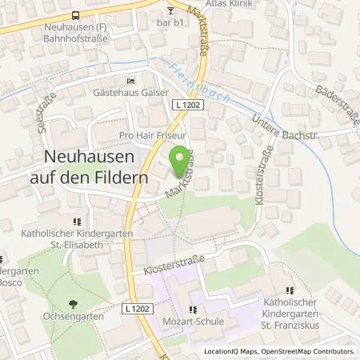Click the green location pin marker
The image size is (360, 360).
tap(182, 155)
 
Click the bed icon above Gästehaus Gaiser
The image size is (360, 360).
tap(130, 81)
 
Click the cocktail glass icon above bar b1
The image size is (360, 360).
tap(170, 10)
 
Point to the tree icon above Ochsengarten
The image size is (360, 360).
tap(74, 304)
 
